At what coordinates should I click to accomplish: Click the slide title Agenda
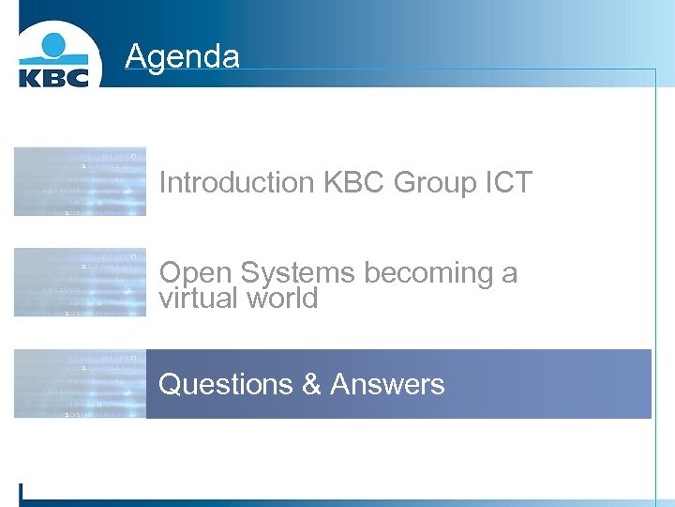pyautogui.click(x=182, y=56)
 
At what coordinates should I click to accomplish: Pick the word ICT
pyautogui.click(x=509, y=182)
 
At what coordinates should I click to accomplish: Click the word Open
pyautogui.click(x=195, y=272)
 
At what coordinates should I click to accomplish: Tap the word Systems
pyautogui.click(x=297, y=272)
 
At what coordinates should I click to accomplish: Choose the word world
pyautogui.click(x=282, y=299)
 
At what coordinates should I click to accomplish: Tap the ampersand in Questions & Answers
pyautogui.click(x=311, y=384)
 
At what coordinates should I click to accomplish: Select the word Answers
pyautogui.click(x=387, y=384)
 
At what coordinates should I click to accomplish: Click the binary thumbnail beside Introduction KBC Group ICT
pyautogui.click(x=80, y=181)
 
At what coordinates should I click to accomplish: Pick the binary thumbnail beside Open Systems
pyautogui.click(x=80, y=282)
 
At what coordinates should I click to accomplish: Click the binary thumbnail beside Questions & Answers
pyautogui.click(x=80, y=383)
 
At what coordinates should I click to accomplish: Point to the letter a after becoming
pyautogui.click(x=509, y=273)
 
